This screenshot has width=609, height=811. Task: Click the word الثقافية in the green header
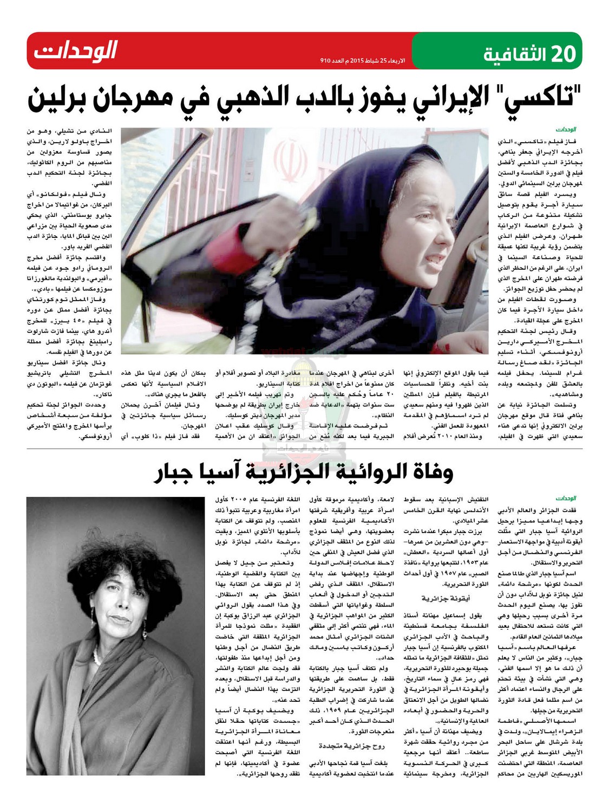click(514, 55)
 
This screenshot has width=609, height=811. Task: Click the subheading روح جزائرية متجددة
click(352, 746)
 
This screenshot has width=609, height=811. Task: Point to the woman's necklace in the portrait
click(96, 657)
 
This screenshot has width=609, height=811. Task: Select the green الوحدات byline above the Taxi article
click(566, 130)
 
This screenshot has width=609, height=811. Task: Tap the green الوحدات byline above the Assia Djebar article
click(566, 498)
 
